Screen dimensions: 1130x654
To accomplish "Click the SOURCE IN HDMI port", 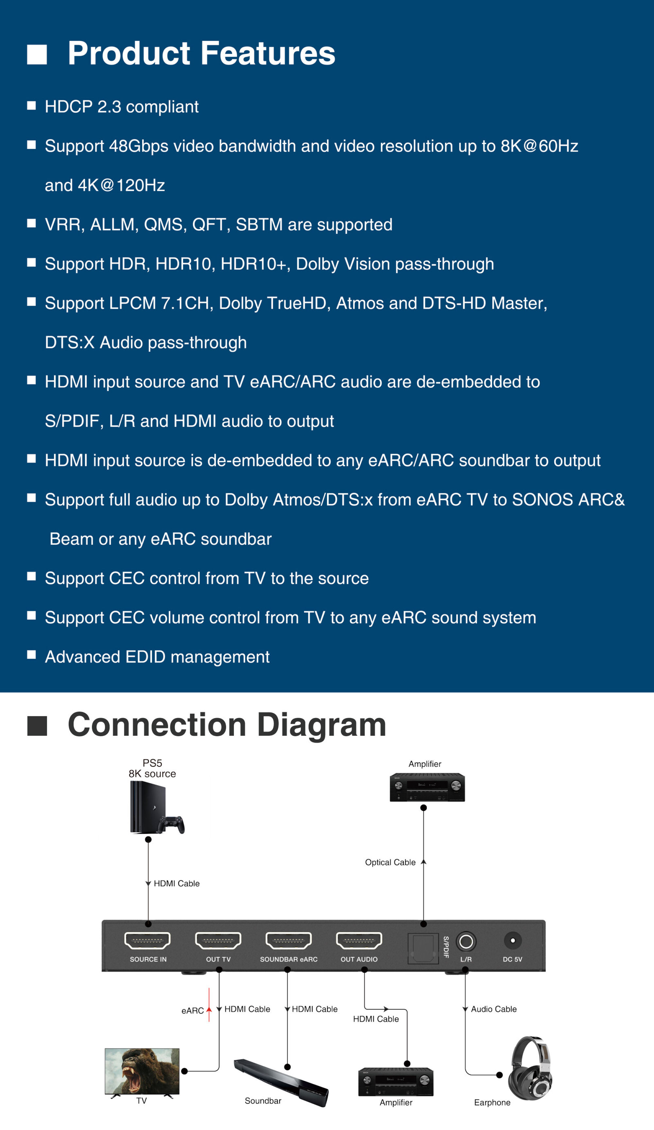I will click(x=147, y=940).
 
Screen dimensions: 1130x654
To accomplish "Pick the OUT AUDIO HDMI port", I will click(x=359, y=940).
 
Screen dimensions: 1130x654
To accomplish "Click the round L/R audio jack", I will click(x=466, y=941).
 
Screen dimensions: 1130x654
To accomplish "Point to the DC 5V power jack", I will click(x=513, y=940).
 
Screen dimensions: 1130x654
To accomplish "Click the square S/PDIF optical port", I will click(x=423, y=947).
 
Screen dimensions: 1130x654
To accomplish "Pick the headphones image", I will click(x=531, y=1068).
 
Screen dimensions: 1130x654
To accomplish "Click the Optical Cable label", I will click(x=390, y=862).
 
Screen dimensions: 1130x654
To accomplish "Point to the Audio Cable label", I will click(x=493, y=1009).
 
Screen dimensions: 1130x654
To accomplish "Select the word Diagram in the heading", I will click(x=321, y=725).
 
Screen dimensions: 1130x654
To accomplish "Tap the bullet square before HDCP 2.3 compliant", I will click(x=31, y=105).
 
